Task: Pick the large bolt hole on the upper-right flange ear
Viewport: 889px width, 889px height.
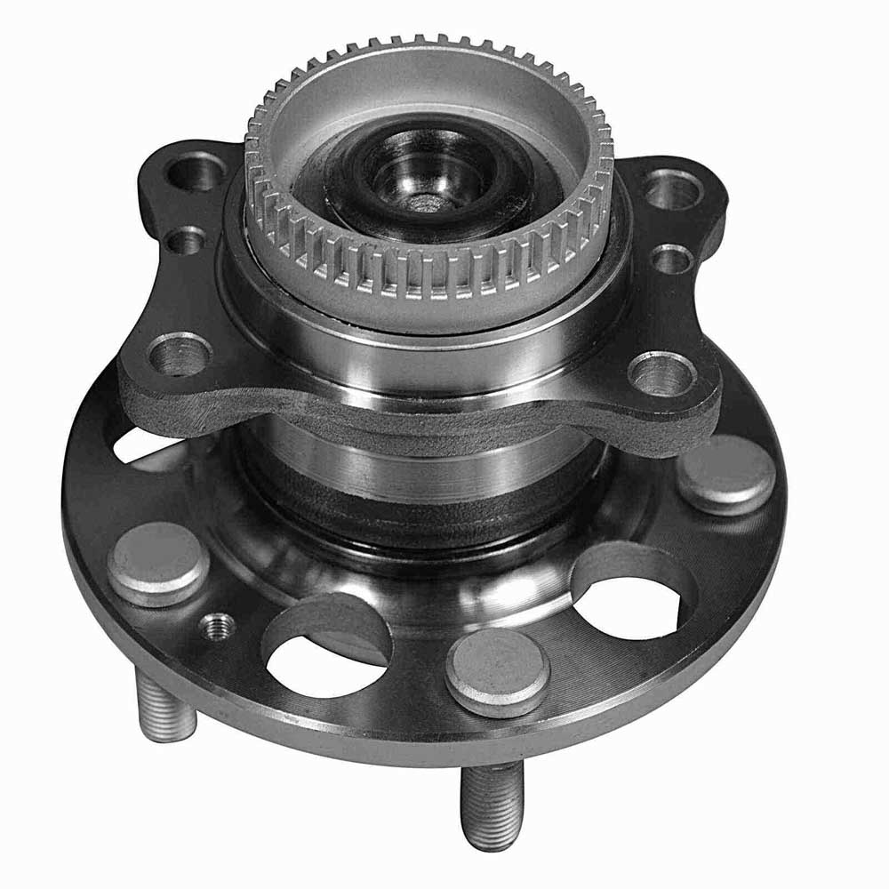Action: click(673, 188)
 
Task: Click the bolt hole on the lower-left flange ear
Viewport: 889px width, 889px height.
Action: click(180, 354)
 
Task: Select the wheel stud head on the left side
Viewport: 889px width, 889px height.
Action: click(158, 564)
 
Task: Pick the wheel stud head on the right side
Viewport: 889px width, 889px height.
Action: click(725, 474)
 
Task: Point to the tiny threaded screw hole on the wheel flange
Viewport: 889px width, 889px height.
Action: click(219, 628)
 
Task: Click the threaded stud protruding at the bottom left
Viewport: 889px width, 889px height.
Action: click(165, 707)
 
